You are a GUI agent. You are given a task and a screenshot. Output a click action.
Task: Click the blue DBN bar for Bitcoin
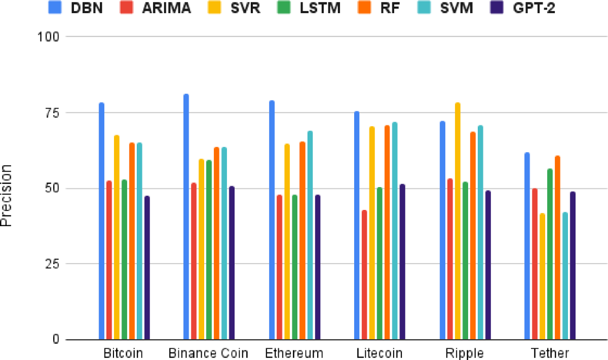point(101,221)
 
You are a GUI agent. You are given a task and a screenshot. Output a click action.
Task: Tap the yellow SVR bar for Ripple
point(458,221)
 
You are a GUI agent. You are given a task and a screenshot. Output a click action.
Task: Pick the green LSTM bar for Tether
point(550,254)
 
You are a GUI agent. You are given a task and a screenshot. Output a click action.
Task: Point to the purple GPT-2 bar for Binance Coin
point(232,263)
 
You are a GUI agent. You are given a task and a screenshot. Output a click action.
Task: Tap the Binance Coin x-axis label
point(208,353)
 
